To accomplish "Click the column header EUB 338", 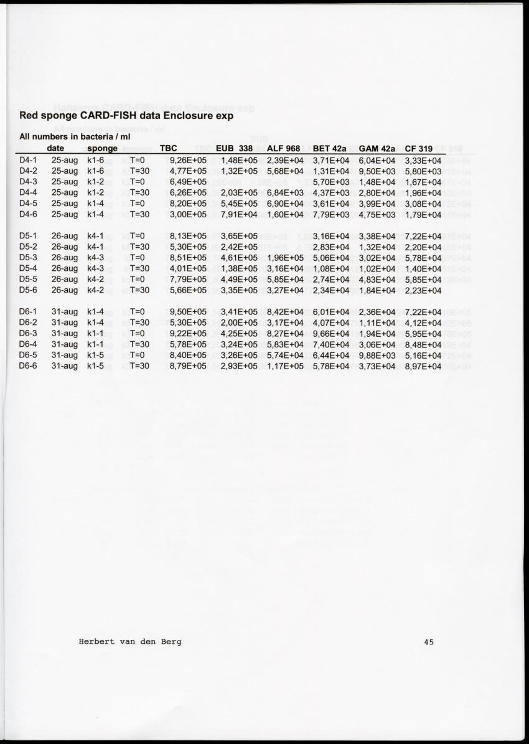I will coord(233,149).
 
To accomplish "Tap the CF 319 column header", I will coord(418,149).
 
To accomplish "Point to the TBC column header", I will coord(169,149).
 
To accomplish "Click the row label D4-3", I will coord(28,182).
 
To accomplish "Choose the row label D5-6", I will coord(28,290).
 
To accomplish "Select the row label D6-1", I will coord(28,311).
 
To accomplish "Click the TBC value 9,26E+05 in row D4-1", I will coord(188,160).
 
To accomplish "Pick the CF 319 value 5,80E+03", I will coord(423,171).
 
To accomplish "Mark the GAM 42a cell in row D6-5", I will coord(378,355).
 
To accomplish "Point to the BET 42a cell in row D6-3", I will coord(332,333).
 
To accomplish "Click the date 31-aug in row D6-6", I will coord(65,366).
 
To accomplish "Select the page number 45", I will coord(428,642).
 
